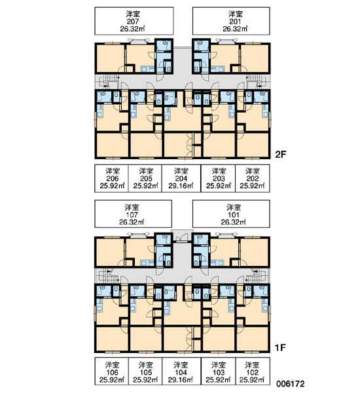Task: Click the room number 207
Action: pyautogui.click(x=133, y=22)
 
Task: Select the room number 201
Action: pyautogui.click(x=235, y=22)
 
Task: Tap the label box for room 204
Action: pyautogui.click(x=181, y=178)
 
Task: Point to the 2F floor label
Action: pyautogui.click(x=280, y=155)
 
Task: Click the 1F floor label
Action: pyautogui.click(x=280, y=348)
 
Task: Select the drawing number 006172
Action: pyautogui.click(x=291, y=384)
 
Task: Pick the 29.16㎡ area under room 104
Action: pyautogui.click(x=181, y=380)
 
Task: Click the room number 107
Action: pyautogui.click(x=132, y=215)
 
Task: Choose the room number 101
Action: pyautogui.click(x=233, y=215)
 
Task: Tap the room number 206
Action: pyautogui.click(x=112, y=178)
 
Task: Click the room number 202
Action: pyautogui.click(x=252, y=178)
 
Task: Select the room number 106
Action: pyautogui.click(x=112, y=373)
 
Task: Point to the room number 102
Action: pyautogui.click(x=252, y=373)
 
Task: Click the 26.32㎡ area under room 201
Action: pyautogui.click(x=235, y=29)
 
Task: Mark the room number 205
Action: pyautogui.click(x=146, y=178)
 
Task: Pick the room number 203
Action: pyautogui.click(x=219, y=178)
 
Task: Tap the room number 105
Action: pyautogui.click(x=145, y=373)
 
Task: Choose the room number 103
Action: pyautogui.click(x=219, y=373)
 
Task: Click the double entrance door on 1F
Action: pyautogui.click(x=182, y=237)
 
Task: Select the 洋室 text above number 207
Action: pyautogui.click(x=133, y=14)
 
